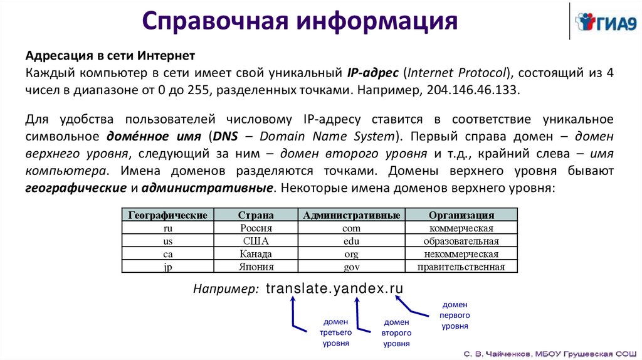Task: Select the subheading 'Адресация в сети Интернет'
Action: (110, 56)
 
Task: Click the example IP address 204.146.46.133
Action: (473, 90)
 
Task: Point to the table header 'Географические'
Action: (167, 215)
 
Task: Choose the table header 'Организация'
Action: (461, 215)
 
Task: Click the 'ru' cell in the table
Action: (167, 228)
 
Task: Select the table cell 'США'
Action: (256, 241)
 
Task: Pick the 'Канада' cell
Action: (256, 254)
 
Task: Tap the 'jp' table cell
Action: (167, 267)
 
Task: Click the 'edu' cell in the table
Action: (351, 241)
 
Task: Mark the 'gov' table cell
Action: (351, 267)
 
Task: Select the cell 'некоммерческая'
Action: (461, 254)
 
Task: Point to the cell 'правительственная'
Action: (461, 267)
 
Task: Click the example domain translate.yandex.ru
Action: (334, 289)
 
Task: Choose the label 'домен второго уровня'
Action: (396, 332)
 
